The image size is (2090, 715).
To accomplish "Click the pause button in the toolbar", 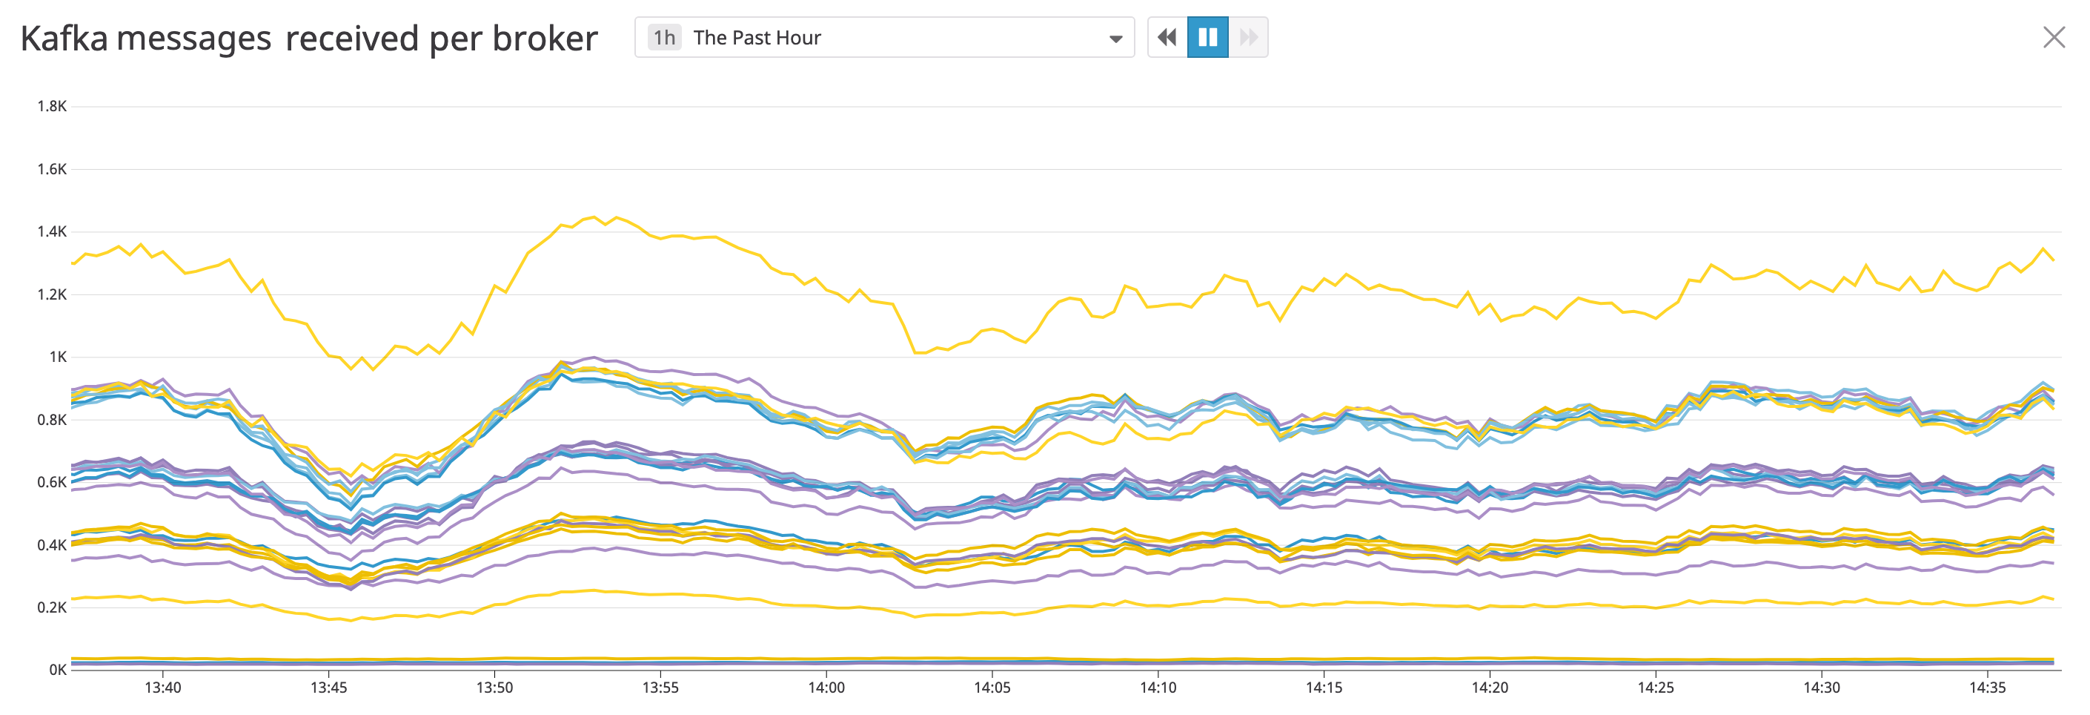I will tap(1207, 37).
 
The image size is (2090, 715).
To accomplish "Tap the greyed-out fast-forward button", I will tap(1248, 37).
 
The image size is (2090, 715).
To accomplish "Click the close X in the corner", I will tap(2054, 37).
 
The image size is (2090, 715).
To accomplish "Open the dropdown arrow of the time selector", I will tap(1115, 38).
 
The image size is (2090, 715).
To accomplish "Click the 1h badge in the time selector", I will tap(663, 37).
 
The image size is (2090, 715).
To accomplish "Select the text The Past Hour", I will tap(756, 37).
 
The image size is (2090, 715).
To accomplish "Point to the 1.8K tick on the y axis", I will tap(52, 106).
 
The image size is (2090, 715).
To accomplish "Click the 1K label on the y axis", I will tap(58, 357).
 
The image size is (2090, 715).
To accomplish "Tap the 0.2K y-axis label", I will tap(52, 607).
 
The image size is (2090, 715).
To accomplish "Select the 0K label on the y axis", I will tap(58, 670).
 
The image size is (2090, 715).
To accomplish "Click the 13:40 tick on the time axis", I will tap(162, 688).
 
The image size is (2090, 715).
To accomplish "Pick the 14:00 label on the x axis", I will tap(826, 688).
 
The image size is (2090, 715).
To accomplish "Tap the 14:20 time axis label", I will tap(1490, 688).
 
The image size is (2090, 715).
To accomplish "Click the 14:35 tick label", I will tap(1987, 688).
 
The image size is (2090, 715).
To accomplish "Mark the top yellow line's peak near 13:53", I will tap(594, 217).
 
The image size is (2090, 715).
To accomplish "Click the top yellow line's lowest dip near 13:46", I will tap(351, 369).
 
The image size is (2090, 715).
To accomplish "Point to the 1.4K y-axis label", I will tap(52, 232).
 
